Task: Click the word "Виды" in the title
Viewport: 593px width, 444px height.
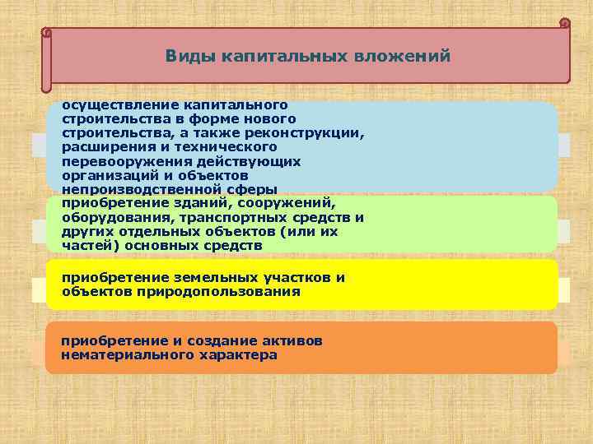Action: [188, 57]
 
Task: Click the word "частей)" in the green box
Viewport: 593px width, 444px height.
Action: [87, 245]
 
